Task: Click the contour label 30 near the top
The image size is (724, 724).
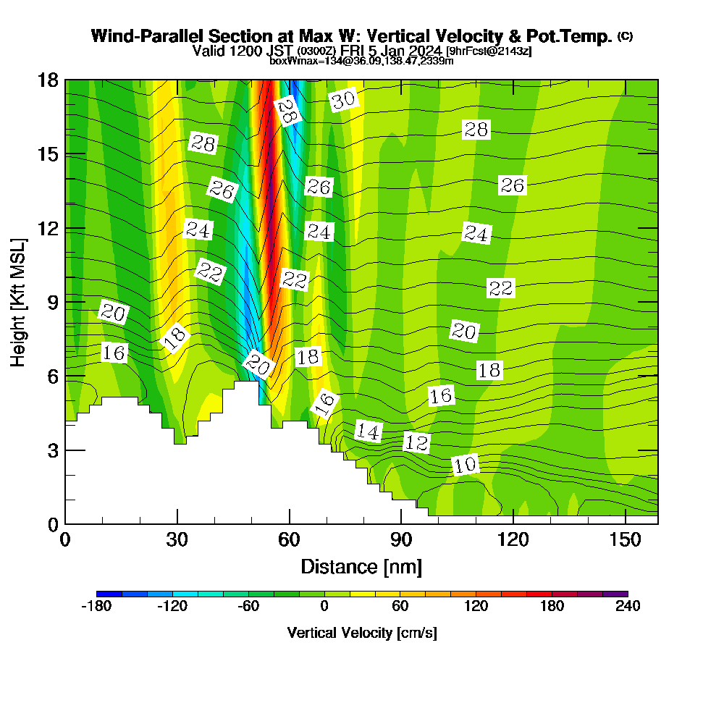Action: [344, 100]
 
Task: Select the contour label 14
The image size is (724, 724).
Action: [369, 432]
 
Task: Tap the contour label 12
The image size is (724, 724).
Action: [416, 442]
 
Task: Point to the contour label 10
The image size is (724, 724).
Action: [466, 465]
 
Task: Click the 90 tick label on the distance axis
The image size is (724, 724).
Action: [401, 540]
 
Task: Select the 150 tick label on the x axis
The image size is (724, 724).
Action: [624, 540]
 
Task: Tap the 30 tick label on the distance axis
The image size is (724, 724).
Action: [177, 540]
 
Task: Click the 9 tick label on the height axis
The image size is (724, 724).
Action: [52, 302]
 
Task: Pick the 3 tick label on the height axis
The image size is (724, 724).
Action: [52, 450]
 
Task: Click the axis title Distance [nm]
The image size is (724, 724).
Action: [361, 566]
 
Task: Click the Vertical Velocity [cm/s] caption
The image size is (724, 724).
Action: [362, 633]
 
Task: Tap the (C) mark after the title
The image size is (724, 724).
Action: [625, 36]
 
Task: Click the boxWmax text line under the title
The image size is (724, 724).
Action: [361, 61]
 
